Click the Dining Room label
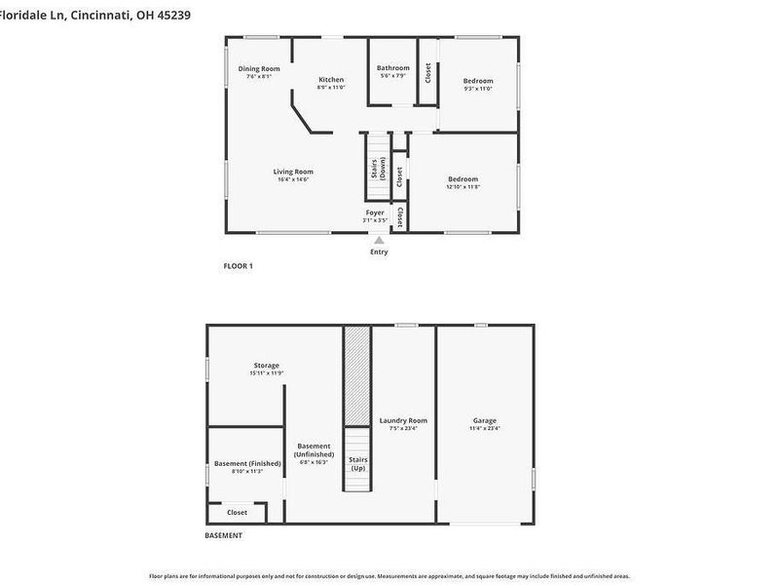[259, 68]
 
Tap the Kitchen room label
[331, 79]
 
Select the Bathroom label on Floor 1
[393, 67]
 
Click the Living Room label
[293, 172]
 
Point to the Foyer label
[375, 212]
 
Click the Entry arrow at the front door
[379, 240]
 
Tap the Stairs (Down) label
[375, 169]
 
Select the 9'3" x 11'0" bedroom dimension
[477, 89]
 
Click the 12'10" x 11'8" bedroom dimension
[463, 187]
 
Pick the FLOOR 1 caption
[239, 266]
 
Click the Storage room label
[266, 365]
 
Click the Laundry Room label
[403, 420]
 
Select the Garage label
[485, 420]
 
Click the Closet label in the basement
[237, 512]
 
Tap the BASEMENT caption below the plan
[223, 535]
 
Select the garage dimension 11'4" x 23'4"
[485, 428]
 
